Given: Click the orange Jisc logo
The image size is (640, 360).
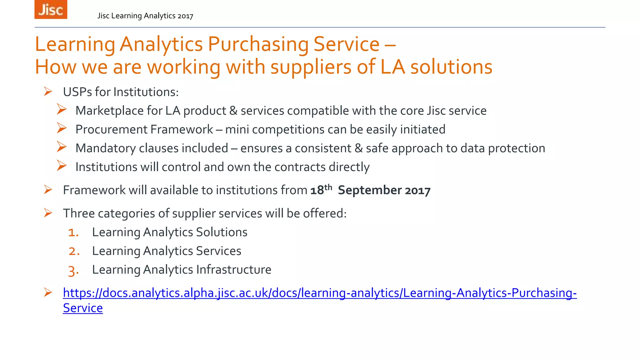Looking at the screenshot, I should point(51,9).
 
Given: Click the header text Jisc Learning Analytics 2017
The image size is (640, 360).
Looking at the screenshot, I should point(145,16).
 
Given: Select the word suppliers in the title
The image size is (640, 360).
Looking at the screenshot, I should point(311,67).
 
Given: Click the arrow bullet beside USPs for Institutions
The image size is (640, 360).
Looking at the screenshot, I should point(48,92).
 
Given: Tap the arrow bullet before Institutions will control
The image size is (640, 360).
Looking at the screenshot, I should point(62,166).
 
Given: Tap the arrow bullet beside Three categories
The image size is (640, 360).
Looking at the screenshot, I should point(48,213).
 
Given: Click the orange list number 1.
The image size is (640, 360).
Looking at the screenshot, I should point(73,232).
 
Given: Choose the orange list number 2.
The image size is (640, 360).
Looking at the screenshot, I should point(74,251).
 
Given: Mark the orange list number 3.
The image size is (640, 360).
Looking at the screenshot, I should point(73,270).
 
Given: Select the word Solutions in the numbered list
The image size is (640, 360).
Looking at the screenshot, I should point(222,232).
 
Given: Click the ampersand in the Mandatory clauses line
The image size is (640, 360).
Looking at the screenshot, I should point(358,148).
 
